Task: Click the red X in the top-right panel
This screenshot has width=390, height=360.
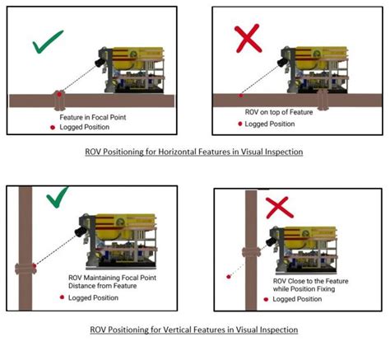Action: pos(248,39)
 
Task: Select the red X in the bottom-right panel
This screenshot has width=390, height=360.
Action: pos(278,206)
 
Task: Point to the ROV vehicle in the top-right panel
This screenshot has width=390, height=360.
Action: pos(316,68)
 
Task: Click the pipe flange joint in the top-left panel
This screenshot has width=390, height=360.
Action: pos(59,101)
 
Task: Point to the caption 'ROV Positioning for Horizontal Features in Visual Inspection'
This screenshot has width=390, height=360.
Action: pos(191,152)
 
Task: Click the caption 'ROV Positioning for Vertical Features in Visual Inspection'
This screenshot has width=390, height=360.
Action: pos(193,330)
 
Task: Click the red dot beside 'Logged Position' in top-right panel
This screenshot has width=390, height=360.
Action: pos(240,124)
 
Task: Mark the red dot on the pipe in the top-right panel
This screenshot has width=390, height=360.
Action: pos(240,96)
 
